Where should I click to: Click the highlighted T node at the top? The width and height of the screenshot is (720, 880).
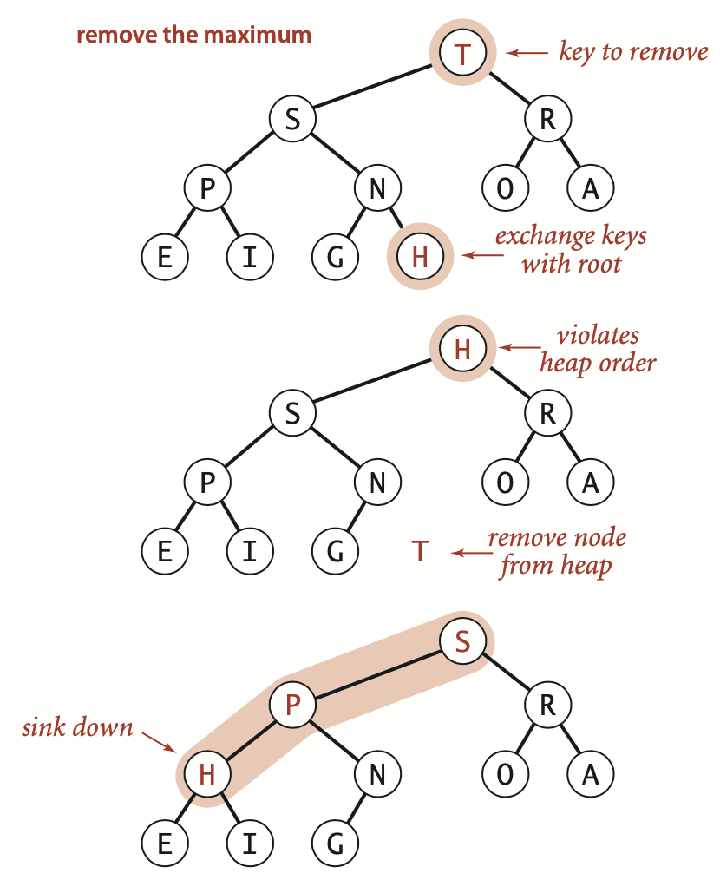(462, 54)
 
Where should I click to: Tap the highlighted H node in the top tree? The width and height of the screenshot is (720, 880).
(420, 257)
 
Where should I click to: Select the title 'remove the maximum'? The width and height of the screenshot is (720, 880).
(193, 36)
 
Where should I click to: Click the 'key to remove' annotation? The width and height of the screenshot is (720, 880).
(633, 52)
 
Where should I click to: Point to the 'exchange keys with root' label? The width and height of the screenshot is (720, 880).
(571, 249)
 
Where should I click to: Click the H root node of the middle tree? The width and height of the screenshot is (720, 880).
(462, 350)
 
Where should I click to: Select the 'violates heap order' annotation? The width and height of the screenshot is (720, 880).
(597, 349)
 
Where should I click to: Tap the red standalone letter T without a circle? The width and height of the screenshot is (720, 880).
(420, 551)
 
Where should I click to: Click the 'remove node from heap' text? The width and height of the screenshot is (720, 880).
(556, 552)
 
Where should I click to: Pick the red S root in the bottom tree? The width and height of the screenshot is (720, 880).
(462, 642)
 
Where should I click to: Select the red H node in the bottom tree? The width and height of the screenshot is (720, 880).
(206, 774)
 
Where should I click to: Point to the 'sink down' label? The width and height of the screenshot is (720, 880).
(77, 726)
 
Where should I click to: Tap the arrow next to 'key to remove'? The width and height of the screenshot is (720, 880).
(527, 54)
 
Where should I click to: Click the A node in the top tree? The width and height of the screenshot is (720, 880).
(591, 188)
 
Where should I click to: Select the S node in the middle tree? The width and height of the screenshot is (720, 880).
(292, 415)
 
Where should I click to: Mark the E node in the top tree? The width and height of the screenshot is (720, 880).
(164, 257)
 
